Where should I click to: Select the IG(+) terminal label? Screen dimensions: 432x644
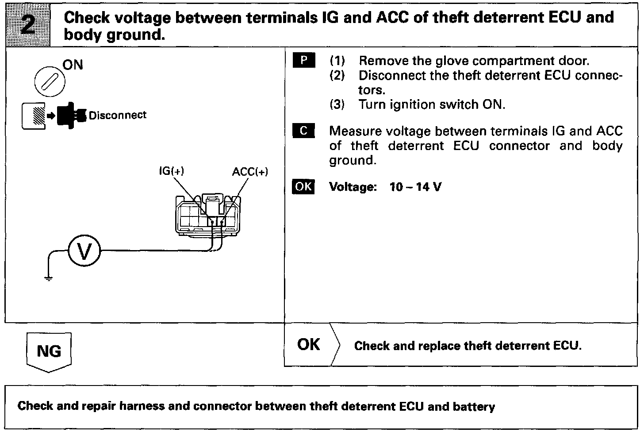[x=171, y=171]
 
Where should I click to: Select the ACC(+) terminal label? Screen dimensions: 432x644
[x=250, y=172]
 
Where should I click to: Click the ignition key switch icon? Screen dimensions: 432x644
[x=50, y=81]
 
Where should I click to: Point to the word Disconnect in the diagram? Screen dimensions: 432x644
[x=117, y=115]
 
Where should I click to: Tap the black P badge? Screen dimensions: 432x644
[x=303, y=60]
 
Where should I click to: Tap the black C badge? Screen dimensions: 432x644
[x=303, y=131]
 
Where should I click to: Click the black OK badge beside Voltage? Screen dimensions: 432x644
[x=303, y=186]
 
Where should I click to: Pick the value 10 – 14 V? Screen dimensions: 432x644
[x=415, y=187]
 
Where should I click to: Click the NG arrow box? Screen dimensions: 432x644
[x=49, y=352]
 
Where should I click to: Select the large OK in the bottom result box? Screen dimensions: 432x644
[x=308, y=344]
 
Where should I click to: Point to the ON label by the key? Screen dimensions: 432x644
[x=73, y=65]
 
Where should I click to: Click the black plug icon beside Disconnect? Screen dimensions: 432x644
[x=70, y=116]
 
